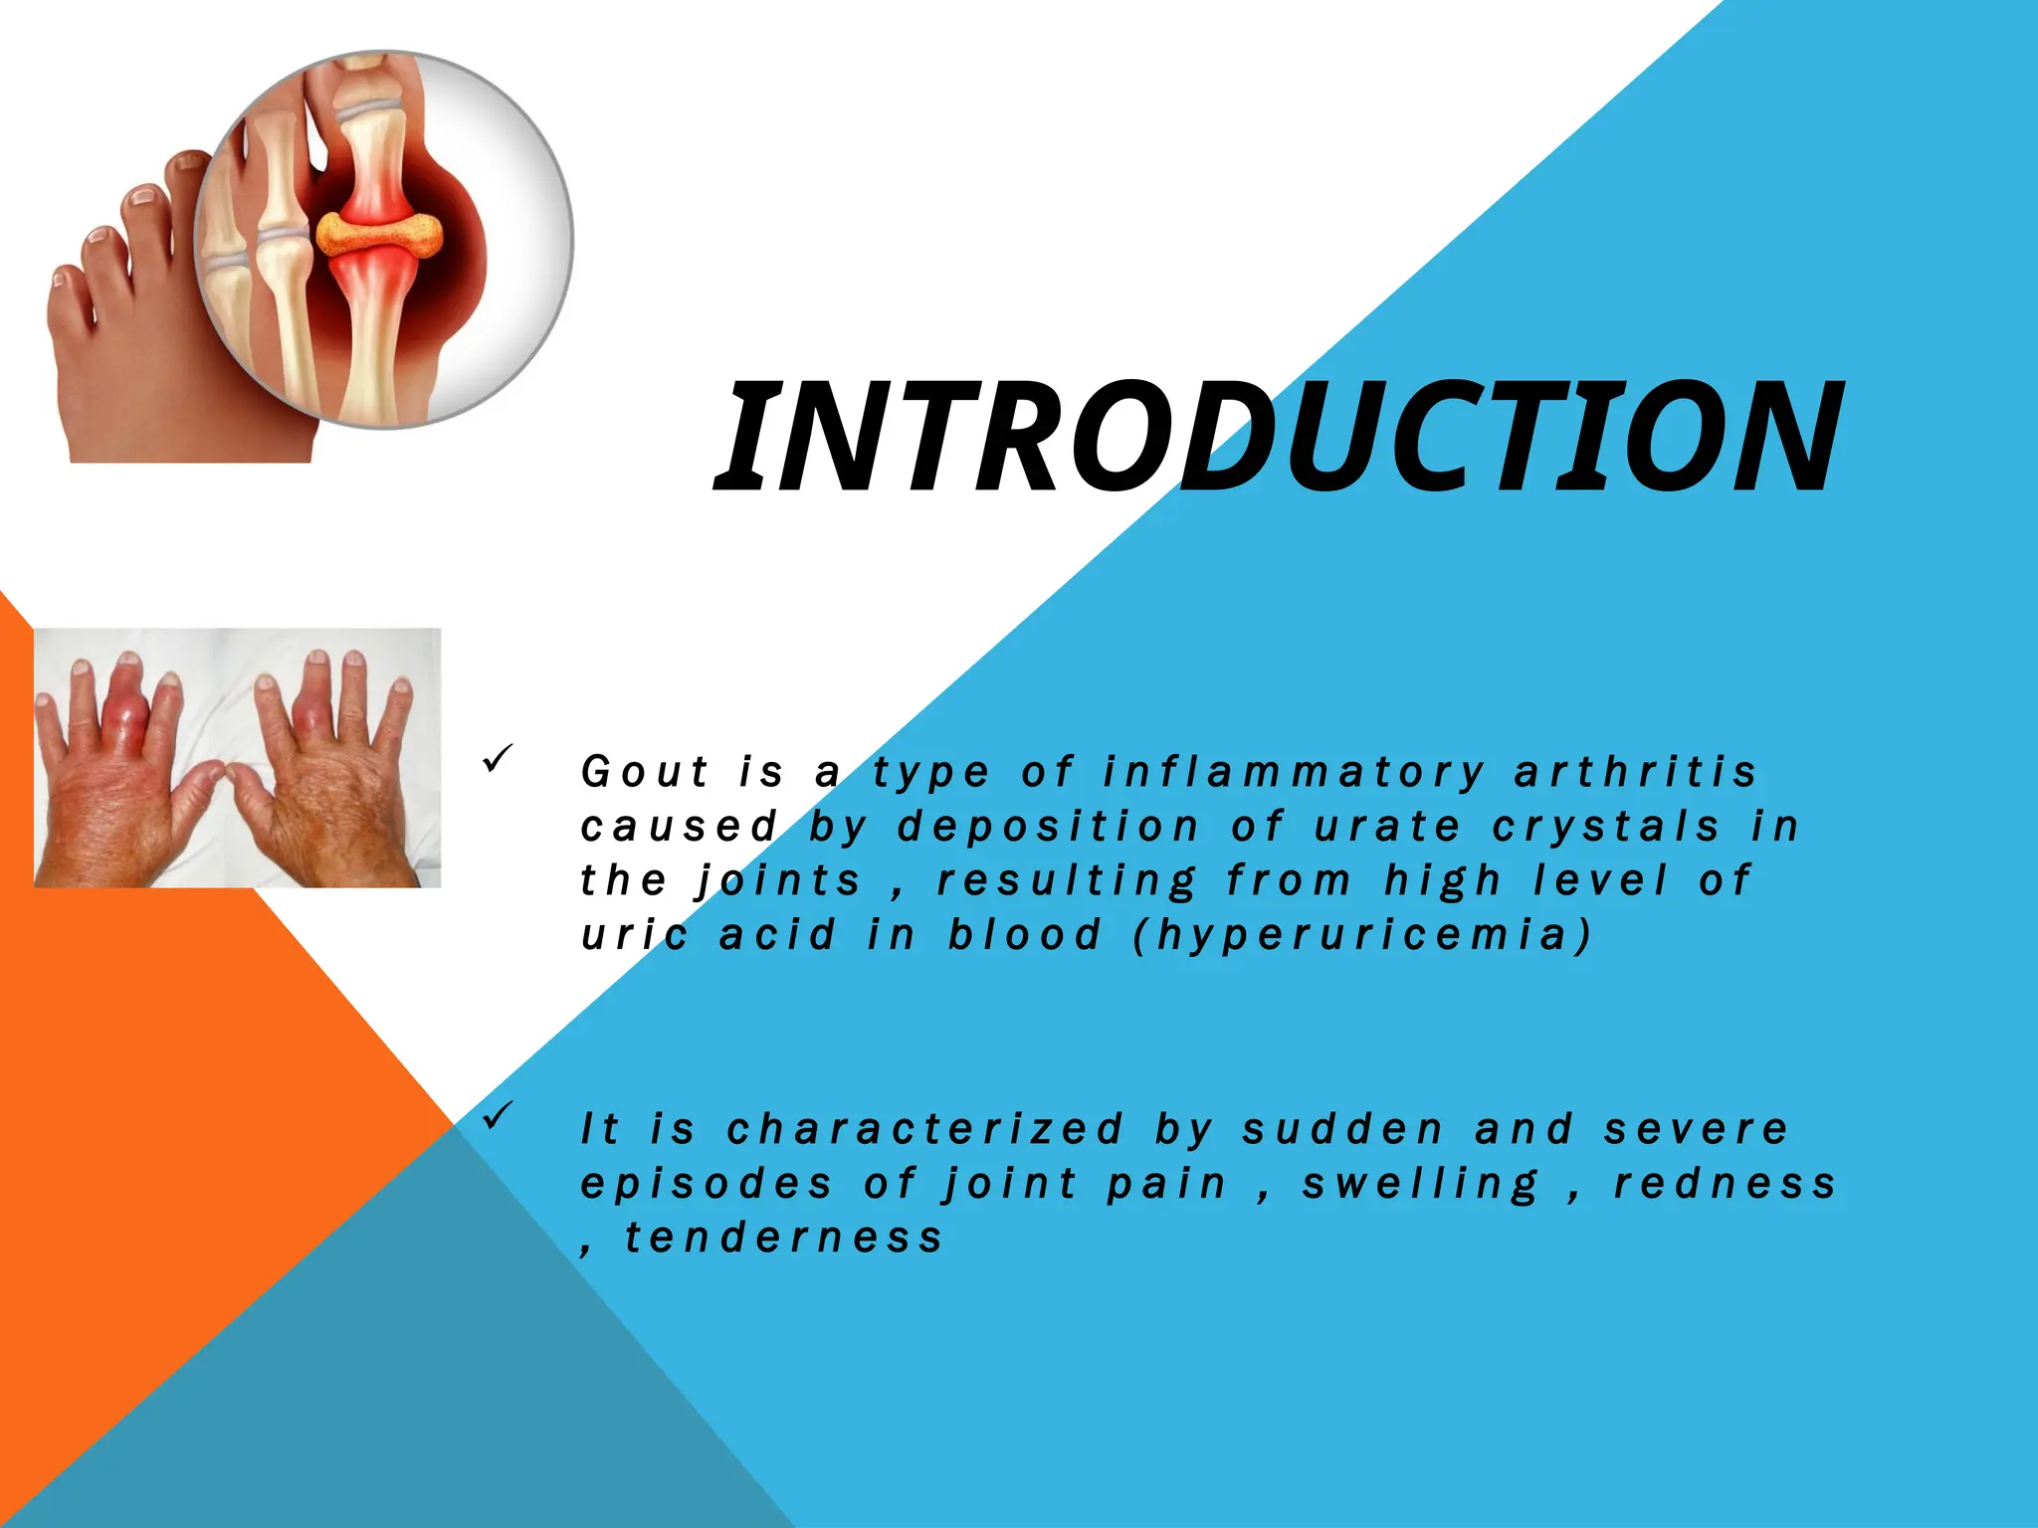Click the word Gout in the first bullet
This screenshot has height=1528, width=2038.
pyautogui.click(x=645, y=773)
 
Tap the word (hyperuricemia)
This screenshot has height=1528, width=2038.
pyautogui.click(x=1362, y=935)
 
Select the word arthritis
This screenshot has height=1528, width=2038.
pyautogui.click(x=1635, y=773)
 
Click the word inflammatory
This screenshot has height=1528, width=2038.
pyautogui.click(x=1294, y=773)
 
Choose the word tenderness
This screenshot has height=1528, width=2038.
pyautogui.click(x=783, y=1239)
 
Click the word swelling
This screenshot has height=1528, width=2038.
pyautogui.click(x=1420, y=1185)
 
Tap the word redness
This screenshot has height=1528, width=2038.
pyautogui.click(x=1724, y=1184)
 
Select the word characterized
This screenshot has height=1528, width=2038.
pyautogui.click(x=925, y=1130)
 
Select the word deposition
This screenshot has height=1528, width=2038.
pyautogui.click(x=1049, y=827)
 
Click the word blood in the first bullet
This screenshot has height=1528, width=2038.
pyautogui.click(x=1025, y=935)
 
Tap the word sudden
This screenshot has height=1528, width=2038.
pyautogui.click(x=1342, y=1130)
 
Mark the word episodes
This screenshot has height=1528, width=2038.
pyautogui.click(x=707, y=1185)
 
